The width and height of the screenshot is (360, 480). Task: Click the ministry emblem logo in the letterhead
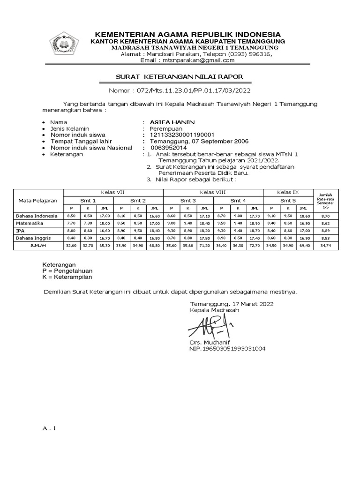64,45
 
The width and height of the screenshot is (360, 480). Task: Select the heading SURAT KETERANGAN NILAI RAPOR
180,77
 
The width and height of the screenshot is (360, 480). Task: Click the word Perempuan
166,128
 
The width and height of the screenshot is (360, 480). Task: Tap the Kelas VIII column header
213,193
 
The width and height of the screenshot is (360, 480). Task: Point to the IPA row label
21,231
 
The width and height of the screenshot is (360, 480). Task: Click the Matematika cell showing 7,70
71,223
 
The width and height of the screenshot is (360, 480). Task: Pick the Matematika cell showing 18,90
255,223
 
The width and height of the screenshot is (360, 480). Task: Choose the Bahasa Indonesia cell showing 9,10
271,216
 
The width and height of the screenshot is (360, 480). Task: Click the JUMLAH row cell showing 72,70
255,246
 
